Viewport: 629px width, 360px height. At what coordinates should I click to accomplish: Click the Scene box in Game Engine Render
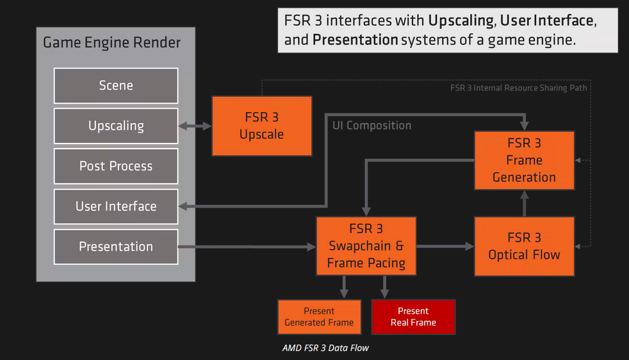coord(116,86)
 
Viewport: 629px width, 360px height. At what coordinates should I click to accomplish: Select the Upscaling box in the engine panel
coord(116,126)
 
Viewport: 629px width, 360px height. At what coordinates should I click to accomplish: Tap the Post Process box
coord(116,167)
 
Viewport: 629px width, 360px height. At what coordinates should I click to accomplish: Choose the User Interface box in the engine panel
coord(116,206)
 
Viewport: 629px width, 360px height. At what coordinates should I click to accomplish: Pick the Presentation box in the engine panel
coord(116,247)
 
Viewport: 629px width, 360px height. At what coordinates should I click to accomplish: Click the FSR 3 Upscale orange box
coord(261,126)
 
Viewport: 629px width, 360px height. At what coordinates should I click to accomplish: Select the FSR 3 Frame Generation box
coord(524,160)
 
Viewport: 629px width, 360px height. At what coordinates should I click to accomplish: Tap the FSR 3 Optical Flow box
coord(524,247)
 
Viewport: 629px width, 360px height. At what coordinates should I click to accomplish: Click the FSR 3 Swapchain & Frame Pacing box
coord(366,246)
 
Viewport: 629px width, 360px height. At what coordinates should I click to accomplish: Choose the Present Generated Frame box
coord(319,317)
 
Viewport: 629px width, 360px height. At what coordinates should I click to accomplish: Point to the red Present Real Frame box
coord(413,317)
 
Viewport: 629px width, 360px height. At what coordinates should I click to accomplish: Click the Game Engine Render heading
coord(111,44)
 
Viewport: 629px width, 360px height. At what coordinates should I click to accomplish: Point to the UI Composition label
coord(372,126)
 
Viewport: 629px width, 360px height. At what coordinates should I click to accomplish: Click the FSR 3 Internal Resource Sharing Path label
coord(519,88)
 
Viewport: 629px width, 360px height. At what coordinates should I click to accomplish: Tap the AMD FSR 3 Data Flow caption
coord(325,348)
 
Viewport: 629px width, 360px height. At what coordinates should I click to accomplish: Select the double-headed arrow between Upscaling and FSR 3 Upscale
coord(195,126)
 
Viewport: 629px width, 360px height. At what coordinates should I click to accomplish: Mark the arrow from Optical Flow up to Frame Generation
coord(524,203)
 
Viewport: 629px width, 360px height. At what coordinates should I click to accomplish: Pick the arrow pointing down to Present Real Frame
coord(384,286)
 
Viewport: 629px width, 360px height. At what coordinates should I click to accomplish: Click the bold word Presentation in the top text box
coord(355,40)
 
